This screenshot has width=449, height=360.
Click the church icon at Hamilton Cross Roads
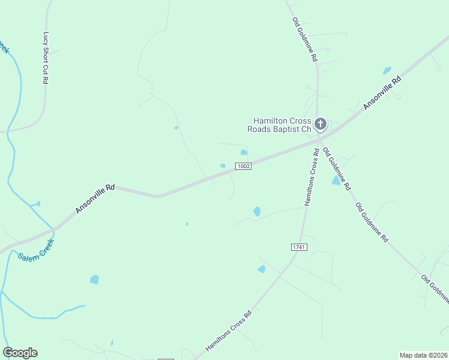tap(321, 124)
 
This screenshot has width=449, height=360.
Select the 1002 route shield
tap(243, 166)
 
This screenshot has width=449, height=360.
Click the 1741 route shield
tap(298, 247)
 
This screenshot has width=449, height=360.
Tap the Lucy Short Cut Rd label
tap(46, 58)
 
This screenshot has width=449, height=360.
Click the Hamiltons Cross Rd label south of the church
tap(311, 178)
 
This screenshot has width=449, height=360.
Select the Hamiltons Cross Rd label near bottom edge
tap(228, 331)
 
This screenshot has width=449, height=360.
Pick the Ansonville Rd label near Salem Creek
tap(95, 199)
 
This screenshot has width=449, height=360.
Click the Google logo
tap(20, 353)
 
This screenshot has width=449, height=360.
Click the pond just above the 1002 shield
tap(244, 152)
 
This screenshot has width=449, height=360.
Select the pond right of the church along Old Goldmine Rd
tap(336, 180)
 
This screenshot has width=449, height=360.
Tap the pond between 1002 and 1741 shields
tap(257, 211)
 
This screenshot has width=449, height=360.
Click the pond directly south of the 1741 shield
tap(262, 269)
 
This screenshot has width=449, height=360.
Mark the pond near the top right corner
tap(387, 70)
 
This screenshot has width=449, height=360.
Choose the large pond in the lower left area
tap(94, 279)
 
